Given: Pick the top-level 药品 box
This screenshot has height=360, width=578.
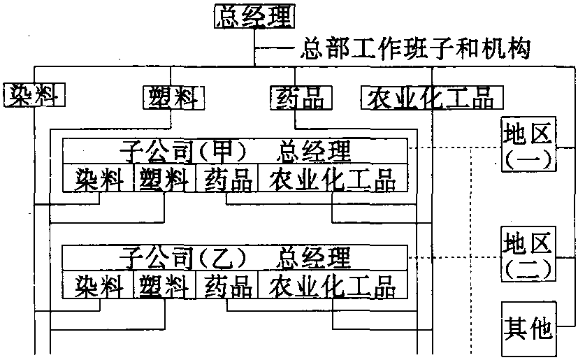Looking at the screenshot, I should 297,96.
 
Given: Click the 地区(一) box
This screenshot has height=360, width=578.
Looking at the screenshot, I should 527,144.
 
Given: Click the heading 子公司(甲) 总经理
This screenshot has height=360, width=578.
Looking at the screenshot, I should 236,150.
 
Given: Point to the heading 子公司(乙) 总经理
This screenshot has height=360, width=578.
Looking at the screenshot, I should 236,258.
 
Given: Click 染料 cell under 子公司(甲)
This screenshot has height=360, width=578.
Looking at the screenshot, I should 98,180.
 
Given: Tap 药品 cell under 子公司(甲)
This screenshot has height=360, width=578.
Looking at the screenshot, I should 228,180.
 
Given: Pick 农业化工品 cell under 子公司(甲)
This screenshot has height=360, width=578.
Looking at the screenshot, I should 332,180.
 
